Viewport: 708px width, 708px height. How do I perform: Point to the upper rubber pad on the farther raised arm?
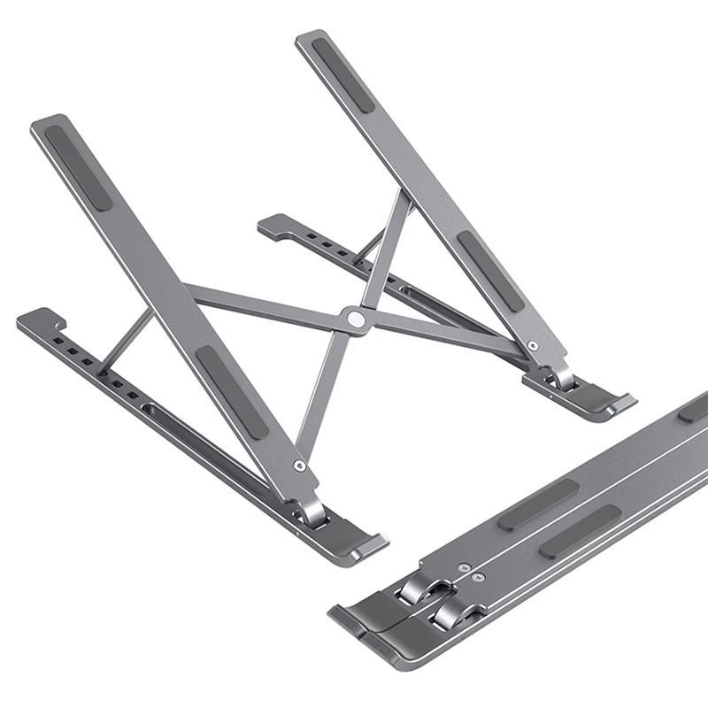click(x=342, y=74)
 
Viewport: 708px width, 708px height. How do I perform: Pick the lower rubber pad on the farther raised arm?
click(x=491, y=272)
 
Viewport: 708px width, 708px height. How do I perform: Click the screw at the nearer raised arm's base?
click(x=300, y=465)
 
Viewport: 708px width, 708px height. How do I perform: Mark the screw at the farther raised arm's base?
click(x=531, y=345)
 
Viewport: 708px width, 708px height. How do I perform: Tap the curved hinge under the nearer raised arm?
click(x=312, y=511)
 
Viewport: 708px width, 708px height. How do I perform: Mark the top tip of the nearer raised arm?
click(x=49, y=121)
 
